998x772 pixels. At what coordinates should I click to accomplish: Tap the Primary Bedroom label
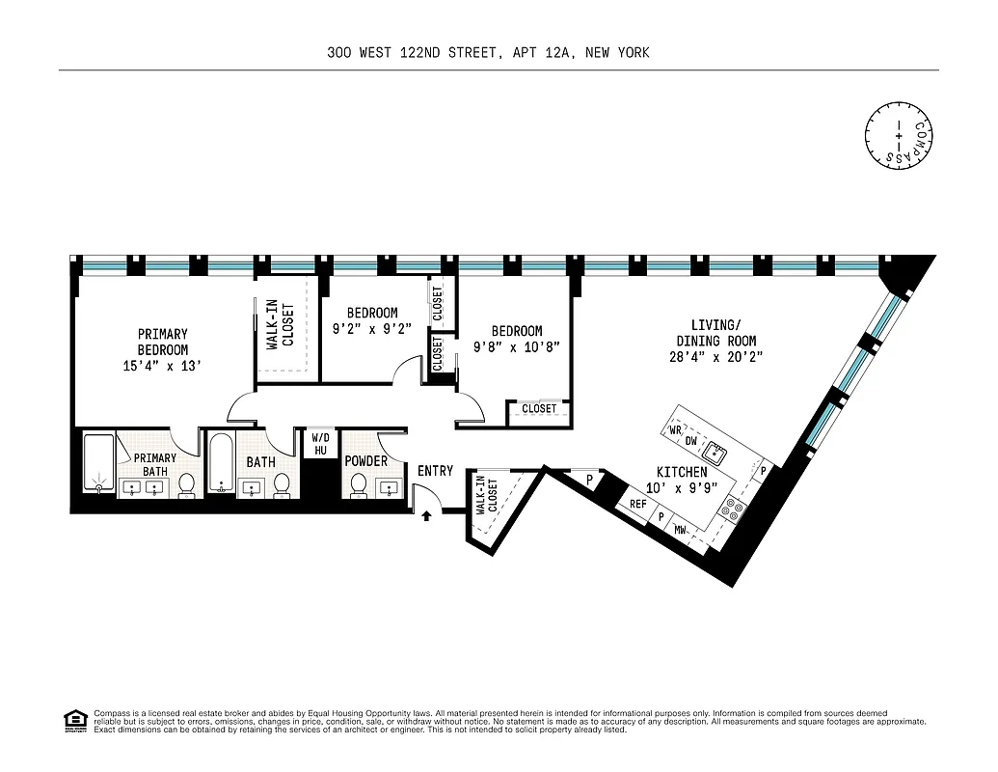click(163, 342)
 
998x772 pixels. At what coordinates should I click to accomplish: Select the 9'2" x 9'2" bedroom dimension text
click(372, 328)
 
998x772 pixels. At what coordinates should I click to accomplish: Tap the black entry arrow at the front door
click(426, 516)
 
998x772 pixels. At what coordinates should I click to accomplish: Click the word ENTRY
click(435, 471)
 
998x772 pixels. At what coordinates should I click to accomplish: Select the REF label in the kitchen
click(637, 504)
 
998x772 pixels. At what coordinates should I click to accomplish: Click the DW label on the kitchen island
click(690, 441)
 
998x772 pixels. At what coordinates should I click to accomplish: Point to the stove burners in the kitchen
click(733, 508)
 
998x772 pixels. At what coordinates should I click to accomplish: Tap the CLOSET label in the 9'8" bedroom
click(539, 409)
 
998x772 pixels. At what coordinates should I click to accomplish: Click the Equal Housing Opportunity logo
click(74, 721)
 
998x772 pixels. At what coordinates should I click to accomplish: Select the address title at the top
click(488, 53)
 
